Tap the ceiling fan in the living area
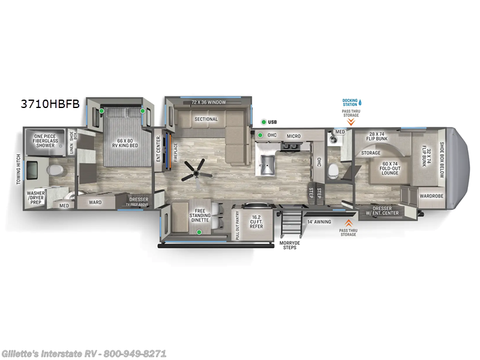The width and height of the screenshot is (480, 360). (195, 169)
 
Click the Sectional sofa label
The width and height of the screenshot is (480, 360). (206, 119)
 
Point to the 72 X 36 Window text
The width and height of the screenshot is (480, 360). (208, 103)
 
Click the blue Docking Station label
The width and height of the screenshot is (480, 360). (350, 102)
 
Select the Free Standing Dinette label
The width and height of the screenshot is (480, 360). (200, 214)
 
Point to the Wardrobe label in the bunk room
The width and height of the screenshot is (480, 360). (431, 195)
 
